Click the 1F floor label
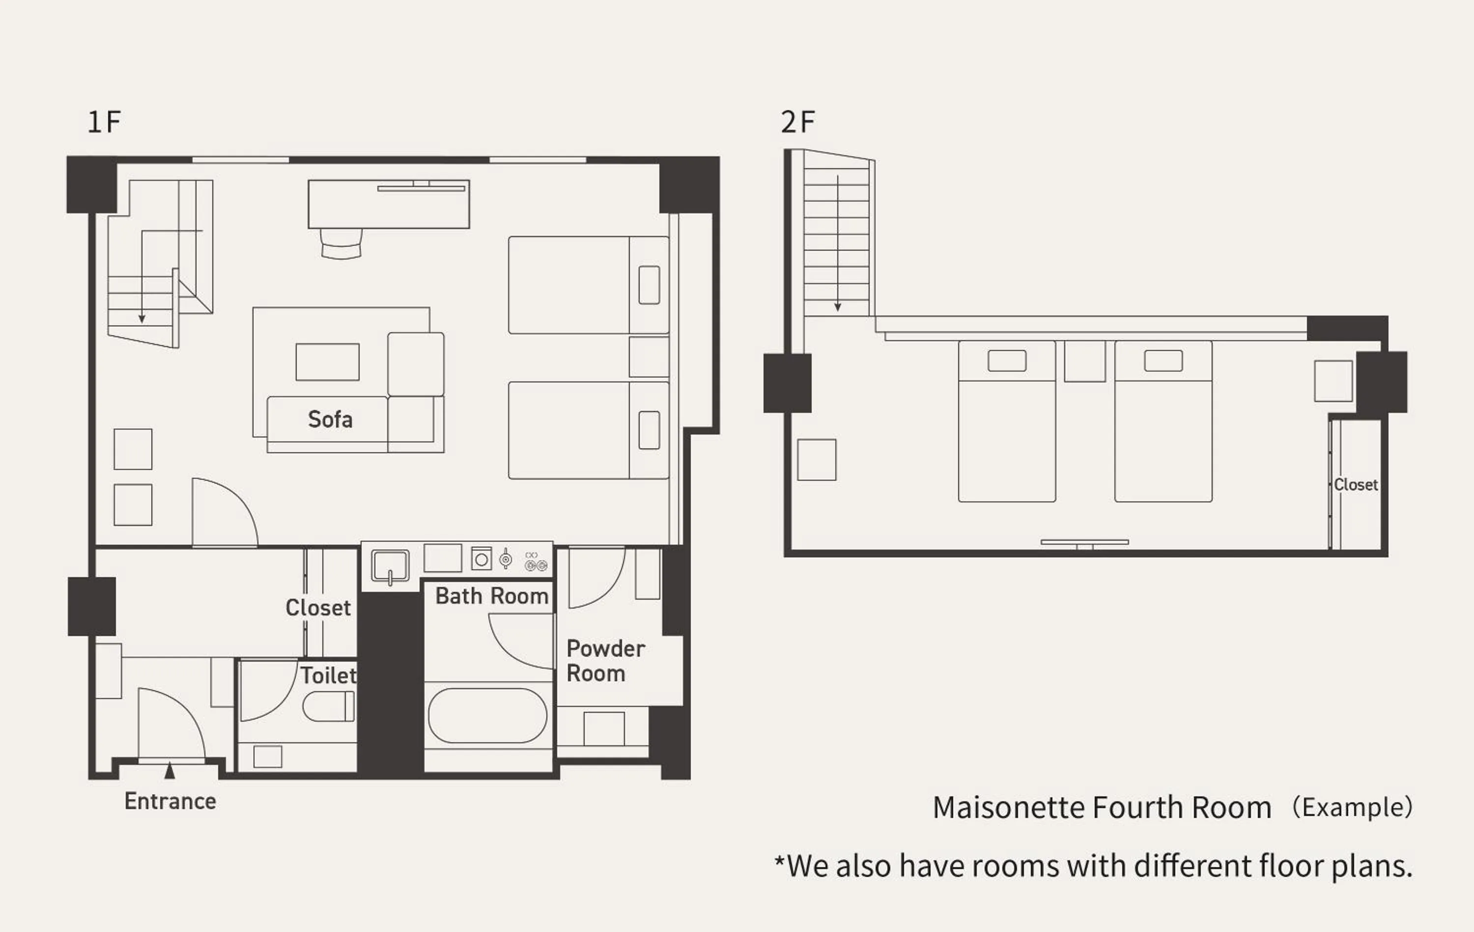click(104, 122)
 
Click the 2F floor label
click(797, 122)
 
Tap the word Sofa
click(330, 419)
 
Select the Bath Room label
click(491, 596)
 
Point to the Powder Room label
click(605, 661)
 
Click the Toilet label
click(328, 675)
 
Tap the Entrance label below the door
click(170, 801)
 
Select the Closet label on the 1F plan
click(318, 608)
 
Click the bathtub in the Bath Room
click(488, 715)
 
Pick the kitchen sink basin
click(390, 566)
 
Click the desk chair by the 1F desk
click(341, 244)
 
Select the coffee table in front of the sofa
click(328, 362)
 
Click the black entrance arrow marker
click(170, 771)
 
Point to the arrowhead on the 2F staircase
click(837, 307)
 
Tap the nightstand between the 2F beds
click(1085, 361)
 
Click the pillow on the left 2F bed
click(1007, 361)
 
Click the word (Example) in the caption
click(1352, 807)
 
